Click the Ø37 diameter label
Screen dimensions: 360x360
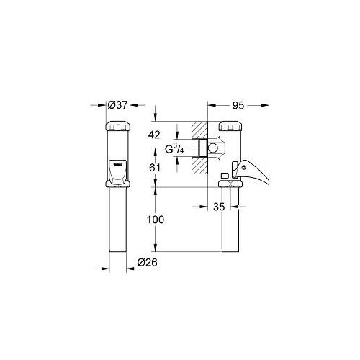117,104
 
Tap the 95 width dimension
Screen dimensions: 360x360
238,104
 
